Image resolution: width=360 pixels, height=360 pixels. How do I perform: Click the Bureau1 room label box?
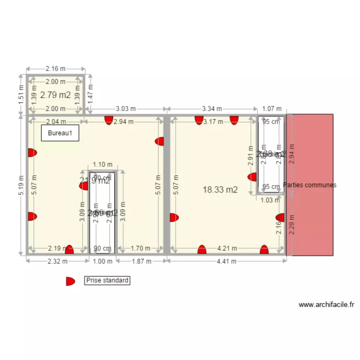(x=60, y=133)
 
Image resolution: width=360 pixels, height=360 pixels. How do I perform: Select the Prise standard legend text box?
(x=107, y=280)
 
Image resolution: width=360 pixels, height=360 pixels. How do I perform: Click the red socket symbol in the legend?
(x=70, y=281)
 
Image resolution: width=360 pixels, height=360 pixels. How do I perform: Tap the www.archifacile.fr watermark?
(x=326, y=304)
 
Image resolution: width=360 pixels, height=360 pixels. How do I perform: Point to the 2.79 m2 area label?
(x=56, y=95)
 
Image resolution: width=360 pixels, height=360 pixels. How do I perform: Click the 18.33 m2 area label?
(x=220, y=190)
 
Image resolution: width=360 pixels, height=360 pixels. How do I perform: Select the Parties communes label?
(x=310, y=185)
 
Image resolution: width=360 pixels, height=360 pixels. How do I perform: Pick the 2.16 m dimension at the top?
(x=56, y=69)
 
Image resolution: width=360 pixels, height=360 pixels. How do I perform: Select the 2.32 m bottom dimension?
(x=57, y=262)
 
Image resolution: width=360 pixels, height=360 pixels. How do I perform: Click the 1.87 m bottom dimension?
(x=142, y=262)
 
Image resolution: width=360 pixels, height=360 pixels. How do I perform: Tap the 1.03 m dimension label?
(x=271, y=201)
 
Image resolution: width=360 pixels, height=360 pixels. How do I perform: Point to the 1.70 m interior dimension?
(x=140, y=249)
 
